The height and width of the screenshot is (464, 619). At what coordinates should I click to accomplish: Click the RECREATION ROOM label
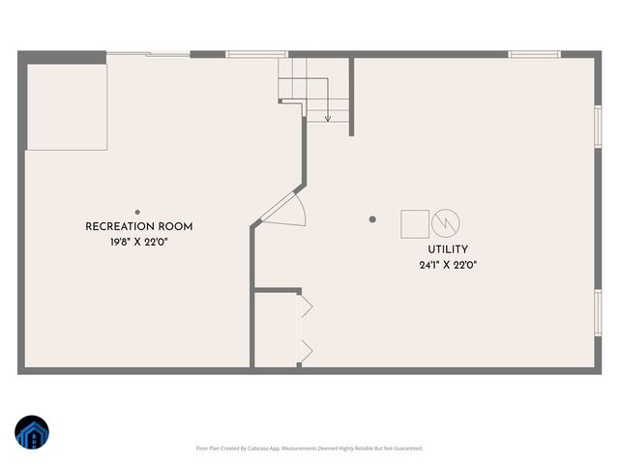click(139, 227)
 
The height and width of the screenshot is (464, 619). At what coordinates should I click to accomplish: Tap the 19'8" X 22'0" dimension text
click(139, 243)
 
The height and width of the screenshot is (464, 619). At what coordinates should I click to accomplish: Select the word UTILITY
click(448, 249)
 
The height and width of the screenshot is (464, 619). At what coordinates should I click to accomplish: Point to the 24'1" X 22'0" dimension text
click(448, 265)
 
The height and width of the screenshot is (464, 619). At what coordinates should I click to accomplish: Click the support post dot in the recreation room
click(137, 212)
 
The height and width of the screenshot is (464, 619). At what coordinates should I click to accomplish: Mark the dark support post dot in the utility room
click(372, 219)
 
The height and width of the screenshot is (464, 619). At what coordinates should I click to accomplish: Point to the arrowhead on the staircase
click(328, 118)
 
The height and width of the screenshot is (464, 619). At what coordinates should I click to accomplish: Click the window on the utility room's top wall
click(535, 54)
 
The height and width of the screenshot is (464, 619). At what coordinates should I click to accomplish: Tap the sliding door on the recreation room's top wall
click(147, 54)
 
